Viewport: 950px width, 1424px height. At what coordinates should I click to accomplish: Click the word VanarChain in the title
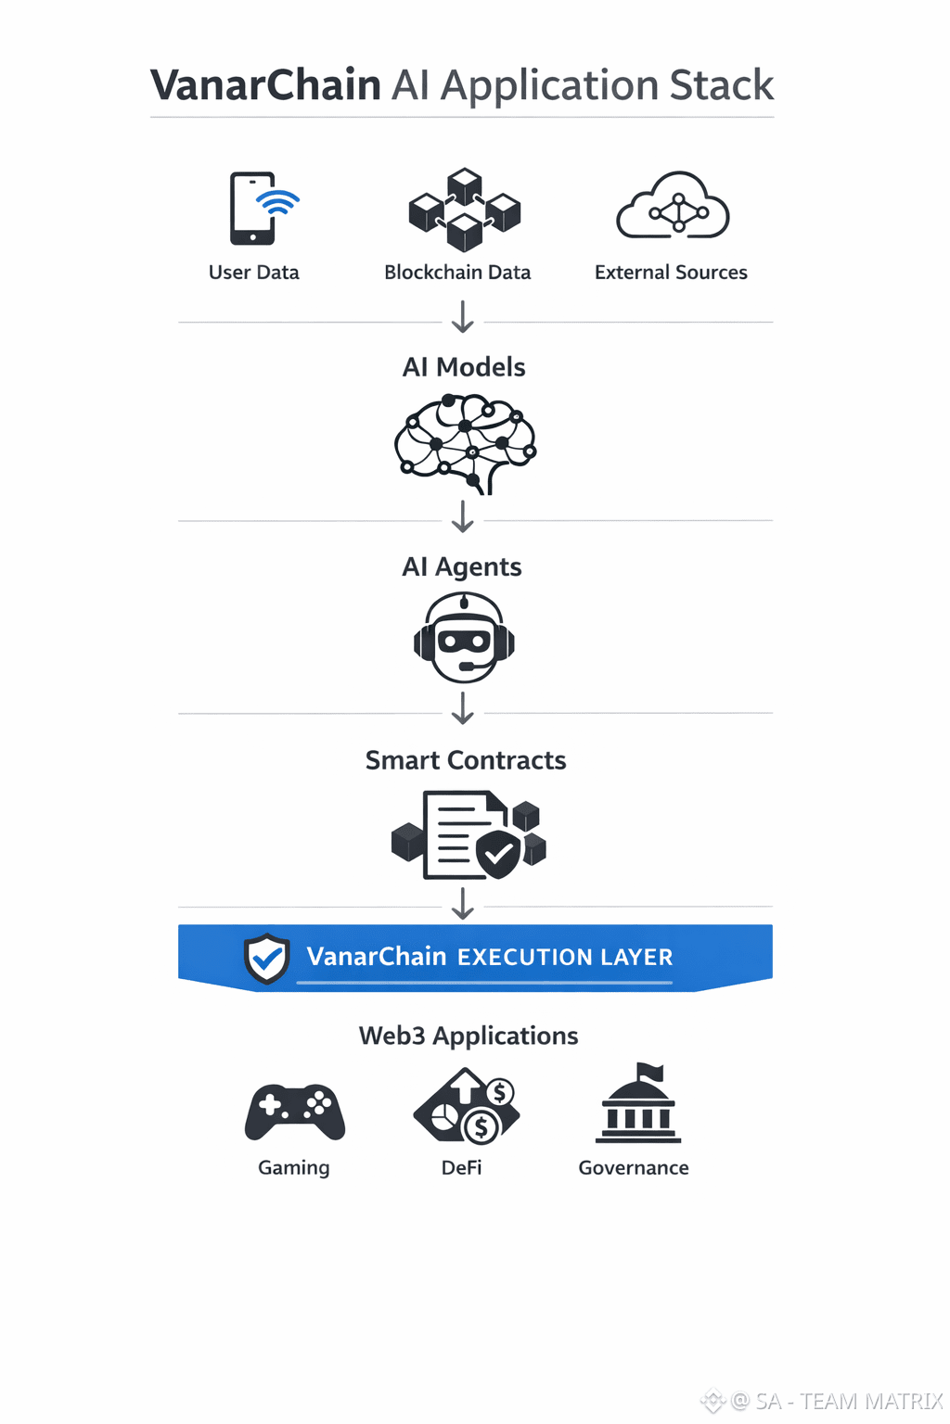point(266,85)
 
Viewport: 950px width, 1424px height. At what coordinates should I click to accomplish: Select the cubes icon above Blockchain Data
point(464,210)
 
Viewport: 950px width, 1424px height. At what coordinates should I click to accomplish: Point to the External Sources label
point(671,273)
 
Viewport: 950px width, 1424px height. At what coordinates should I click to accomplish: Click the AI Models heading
point(464,367)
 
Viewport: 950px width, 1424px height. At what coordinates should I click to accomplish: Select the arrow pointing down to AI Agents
point(462,516)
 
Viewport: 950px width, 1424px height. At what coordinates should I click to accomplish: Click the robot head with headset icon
point(464,638)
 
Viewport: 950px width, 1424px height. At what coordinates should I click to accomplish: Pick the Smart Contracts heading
point(466,760)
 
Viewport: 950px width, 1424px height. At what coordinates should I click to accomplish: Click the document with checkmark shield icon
point(469,834)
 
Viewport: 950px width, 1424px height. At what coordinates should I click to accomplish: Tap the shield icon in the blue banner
point(267,958)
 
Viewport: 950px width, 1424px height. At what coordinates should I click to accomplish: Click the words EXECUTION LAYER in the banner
point(565,957)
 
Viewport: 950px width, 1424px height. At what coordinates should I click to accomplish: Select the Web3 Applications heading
point(469,1036)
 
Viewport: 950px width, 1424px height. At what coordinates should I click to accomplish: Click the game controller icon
point(295,1111)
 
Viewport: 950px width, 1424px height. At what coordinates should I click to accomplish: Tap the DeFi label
point(461,1168)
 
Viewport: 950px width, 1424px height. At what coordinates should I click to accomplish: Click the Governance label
point(634,1168)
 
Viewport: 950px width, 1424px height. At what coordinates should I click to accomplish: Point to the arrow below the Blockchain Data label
point(462,316)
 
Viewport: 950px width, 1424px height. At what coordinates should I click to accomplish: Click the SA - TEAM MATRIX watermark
point(835,1401)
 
